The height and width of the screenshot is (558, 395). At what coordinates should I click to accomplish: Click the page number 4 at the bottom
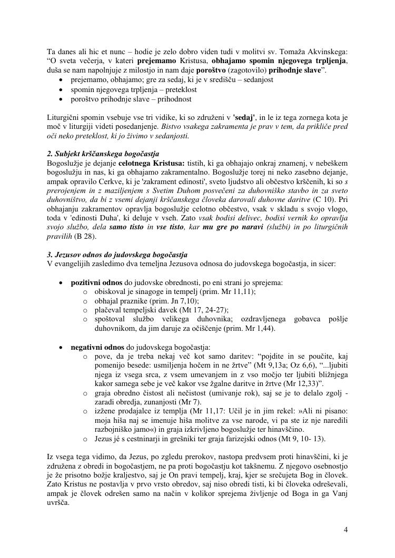coord(345,530)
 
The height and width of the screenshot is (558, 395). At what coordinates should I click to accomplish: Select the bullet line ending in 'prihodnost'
coord(131,99)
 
